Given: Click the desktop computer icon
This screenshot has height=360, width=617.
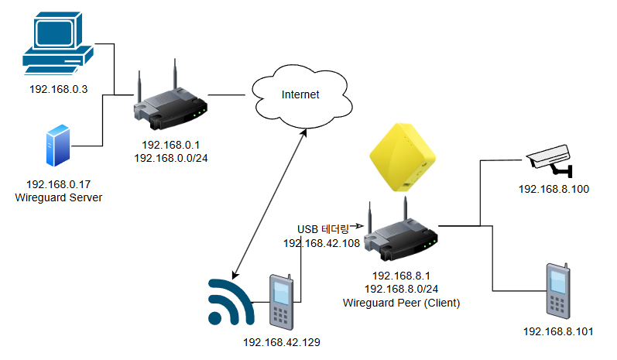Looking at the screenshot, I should click(57, 43).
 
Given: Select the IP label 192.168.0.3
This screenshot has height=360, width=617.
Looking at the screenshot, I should click(59, 89).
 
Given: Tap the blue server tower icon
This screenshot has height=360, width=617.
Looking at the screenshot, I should click(59, 148).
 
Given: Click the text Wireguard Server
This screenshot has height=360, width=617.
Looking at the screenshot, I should click(59, 197).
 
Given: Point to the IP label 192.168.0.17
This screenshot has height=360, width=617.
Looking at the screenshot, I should click(59, 184).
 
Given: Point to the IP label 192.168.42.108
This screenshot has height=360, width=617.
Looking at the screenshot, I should click(321, 242).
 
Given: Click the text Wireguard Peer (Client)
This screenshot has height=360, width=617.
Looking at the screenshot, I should click(401, 303).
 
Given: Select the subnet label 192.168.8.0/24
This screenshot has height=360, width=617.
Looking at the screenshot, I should click(401, 289).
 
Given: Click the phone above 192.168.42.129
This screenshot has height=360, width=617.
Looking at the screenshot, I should click(280, 300).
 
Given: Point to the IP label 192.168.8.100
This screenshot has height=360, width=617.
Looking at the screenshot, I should click(554, 189).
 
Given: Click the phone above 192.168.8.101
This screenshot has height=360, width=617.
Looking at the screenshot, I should click(557, 292).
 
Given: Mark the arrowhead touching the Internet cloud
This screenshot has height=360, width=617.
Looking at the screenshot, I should click(304, 133).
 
